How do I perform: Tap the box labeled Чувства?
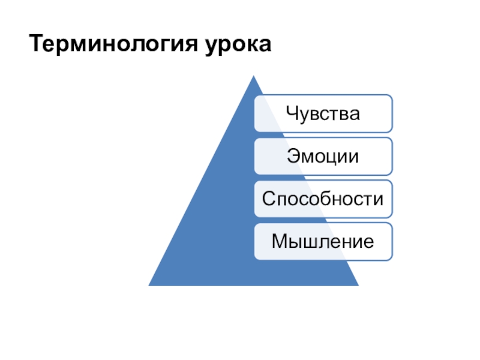[323, 113]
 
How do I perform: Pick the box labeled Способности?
[323, 199]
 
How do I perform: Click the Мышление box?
[323, 242]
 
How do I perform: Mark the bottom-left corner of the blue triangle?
[149, 286]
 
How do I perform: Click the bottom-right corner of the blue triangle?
[358, 286]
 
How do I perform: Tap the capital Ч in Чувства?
[292, 113]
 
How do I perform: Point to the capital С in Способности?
[269, 199]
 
